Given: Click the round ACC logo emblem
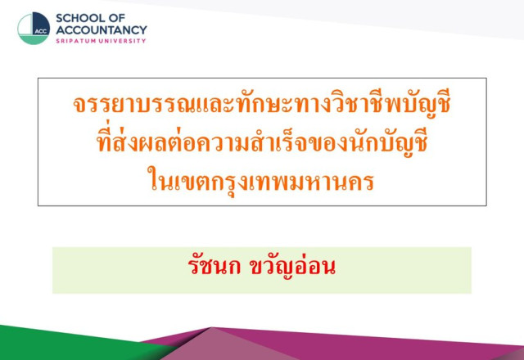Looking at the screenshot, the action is [x=34, y=29].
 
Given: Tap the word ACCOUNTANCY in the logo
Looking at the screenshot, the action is [x=102, y=30].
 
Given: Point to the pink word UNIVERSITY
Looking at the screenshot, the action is [x=124, y=41].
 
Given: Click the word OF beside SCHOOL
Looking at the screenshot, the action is [x=116, y=18].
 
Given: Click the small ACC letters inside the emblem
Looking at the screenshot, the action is [x=41, y=31].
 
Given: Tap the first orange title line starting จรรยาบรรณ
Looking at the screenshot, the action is [x=262, y=104].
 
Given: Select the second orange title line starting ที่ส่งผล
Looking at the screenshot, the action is [x=262, y=142].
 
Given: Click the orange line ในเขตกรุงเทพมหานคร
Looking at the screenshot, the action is [x=260, y=182].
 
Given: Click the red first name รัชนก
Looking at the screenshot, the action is [x=215, y=266].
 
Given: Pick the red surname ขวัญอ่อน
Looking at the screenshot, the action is [x=293, y=268].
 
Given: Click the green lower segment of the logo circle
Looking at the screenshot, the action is [x=33, y=40].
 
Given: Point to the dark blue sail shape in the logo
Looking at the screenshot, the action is [x=41, y=23].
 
